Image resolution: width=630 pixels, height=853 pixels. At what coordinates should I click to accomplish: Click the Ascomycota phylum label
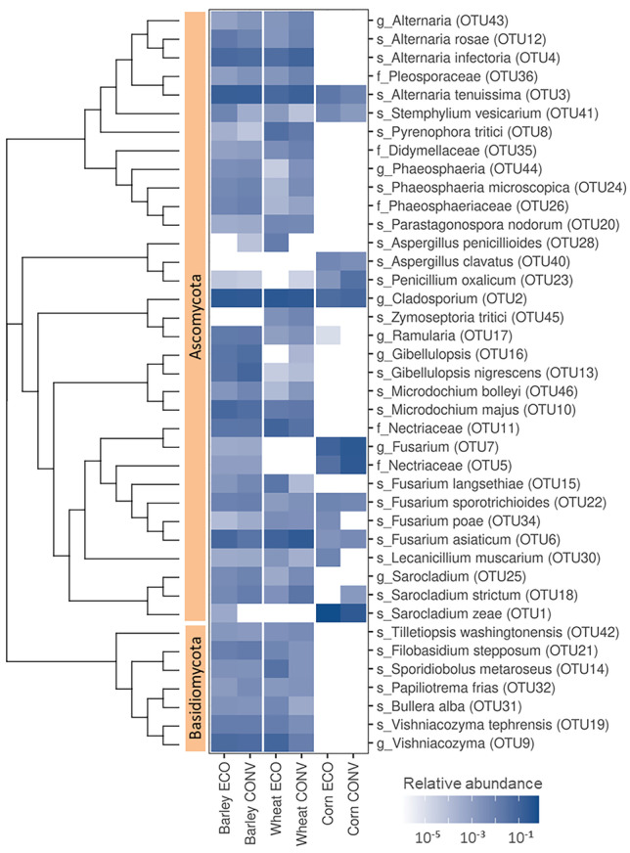[196, 313]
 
